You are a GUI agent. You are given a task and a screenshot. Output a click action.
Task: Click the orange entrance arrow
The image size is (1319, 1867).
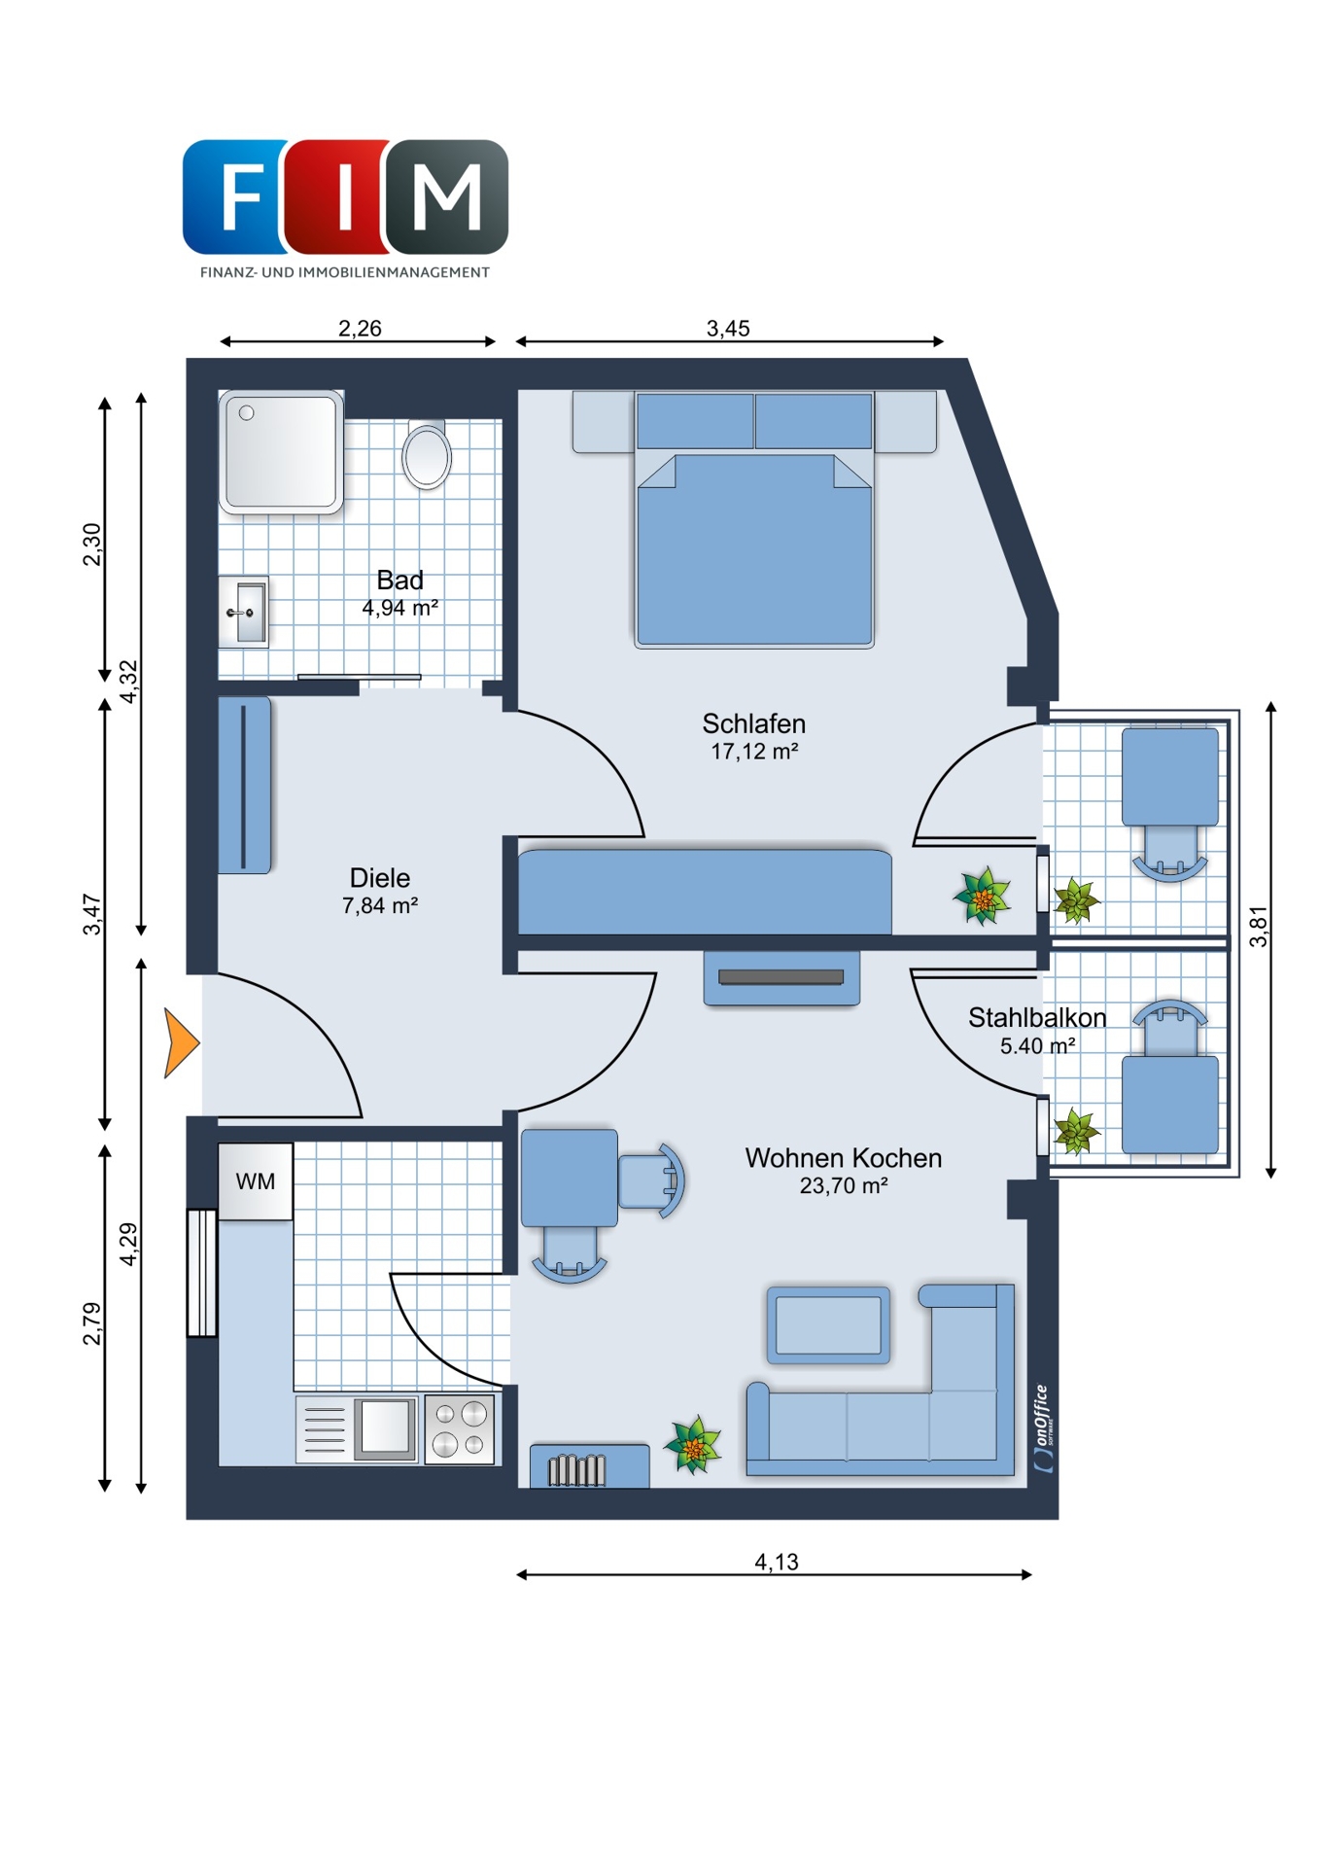[179, 1043]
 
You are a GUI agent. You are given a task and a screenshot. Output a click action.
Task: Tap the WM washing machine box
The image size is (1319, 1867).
[255, 1180]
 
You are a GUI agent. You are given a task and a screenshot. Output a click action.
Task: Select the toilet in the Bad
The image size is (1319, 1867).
[427, 454]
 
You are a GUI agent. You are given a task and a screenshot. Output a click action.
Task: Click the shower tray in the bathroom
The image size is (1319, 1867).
[281, 452]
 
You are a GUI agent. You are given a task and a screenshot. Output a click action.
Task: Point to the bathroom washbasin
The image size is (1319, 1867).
[243, 612]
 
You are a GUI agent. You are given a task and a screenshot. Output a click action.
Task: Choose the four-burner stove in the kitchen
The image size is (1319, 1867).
[460, 1428]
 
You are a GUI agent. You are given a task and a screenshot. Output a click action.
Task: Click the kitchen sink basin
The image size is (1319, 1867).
[386, 1427]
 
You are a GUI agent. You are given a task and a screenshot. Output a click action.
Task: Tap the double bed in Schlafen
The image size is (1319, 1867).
[754, 519]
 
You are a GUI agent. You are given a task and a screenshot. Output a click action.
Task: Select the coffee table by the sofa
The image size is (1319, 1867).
[828, 1324]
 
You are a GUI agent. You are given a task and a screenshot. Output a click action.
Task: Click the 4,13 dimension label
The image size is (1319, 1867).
[776, 1562]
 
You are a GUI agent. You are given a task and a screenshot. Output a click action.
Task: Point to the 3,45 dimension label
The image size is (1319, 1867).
[728, 329]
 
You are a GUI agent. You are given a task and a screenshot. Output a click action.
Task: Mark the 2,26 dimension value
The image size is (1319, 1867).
[360, 329]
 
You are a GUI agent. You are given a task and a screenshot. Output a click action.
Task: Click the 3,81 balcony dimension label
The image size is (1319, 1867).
[1259, 926]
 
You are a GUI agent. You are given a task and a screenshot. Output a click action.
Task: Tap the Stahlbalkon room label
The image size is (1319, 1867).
[1037, 1017]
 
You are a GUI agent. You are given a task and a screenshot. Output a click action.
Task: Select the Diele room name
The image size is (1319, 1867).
[380, 878]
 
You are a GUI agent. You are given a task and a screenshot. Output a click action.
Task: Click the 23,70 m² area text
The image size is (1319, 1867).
[844, 1185]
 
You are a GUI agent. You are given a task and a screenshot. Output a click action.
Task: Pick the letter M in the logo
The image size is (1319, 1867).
[447, 196]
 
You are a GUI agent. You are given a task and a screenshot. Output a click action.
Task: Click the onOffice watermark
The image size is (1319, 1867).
[1042, 1428]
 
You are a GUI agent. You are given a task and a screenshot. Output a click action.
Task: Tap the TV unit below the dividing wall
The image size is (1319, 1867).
[781, 978]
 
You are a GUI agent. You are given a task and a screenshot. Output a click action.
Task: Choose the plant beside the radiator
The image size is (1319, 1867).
[693, 1445]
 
